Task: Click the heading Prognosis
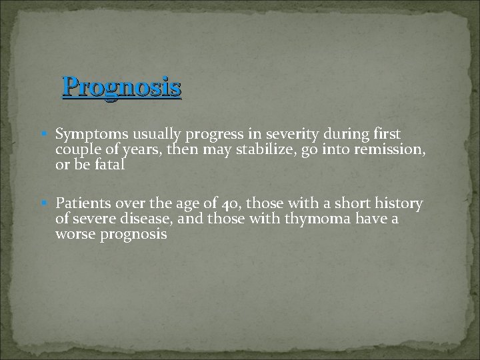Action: (121, 87)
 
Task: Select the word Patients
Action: (81, 203)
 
